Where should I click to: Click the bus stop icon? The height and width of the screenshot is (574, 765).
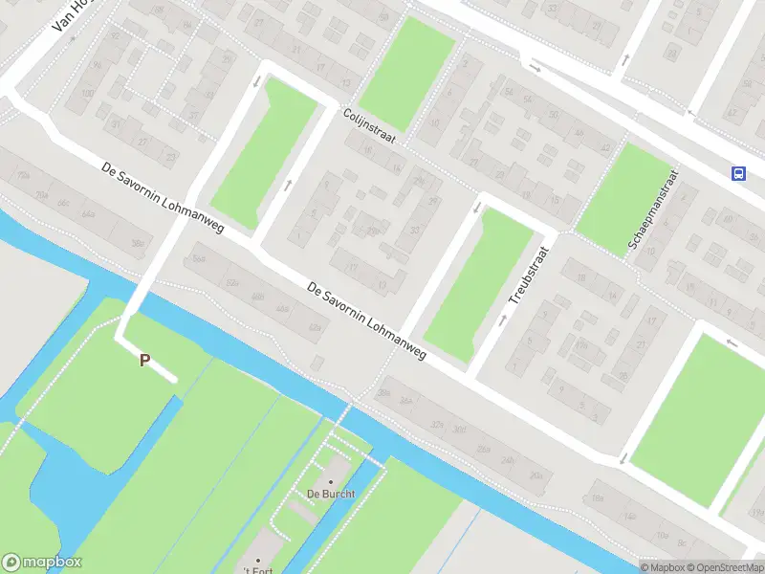pyautogui.click(x=738, y=173)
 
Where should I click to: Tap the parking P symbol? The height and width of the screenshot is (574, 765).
pyautogui.click(x=145, y=361)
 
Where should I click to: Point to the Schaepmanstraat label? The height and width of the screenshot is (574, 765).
pyautogui.click(x=653, y=211)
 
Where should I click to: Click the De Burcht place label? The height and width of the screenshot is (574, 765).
pyautogui.click(x=331, y=494)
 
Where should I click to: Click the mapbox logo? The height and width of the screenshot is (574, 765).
pyautogui.click(x=42, y=563)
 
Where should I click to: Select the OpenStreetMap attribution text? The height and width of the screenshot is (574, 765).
pyautogui.click(x=723, y=566)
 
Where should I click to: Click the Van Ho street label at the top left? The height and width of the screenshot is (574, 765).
pyautogui.click(x=71, y=15)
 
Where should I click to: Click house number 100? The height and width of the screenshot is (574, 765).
pyautogui.click(x=88, y=94)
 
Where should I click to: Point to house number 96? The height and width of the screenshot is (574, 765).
pyautogui.click(x=96, y=65)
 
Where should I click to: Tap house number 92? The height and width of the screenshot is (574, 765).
pyautogui.click(x=116, y=35)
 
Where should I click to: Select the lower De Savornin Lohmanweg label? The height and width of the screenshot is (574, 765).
pyautogui.click(x=367, y=320)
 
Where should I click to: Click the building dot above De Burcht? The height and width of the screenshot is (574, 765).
pyautogui.click(x=332, y=481)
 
